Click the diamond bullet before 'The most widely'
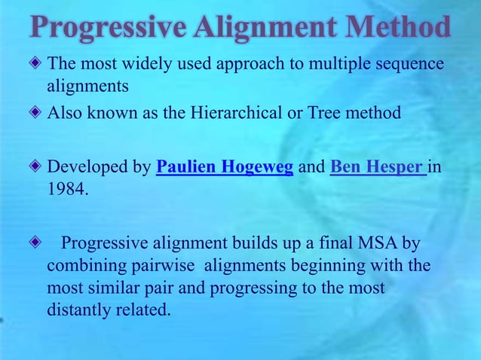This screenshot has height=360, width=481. (37, 65)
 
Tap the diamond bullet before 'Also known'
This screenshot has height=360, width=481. (37, 114)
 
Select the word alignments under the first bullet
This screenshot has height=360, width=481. (87, 86)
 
